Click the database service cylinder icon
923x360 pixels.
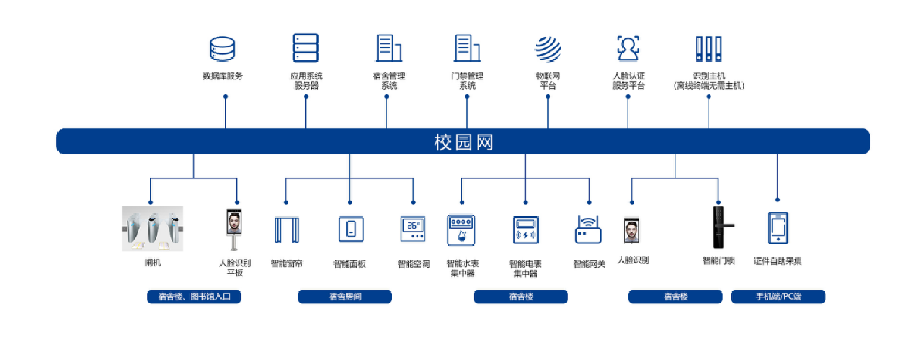click(223, 49)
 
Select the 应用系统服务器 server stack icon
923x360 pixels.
click(306, 48)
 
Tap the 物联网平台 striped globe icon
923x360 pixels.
click(548, 49)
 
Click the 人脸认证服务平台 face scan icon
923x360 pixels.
click(628, 48)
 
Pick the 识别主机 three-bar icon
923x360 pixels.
click(709, 49)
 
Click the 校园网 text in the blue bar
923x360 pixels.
click(464, 142)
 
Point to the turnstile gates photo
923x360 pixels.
click(152, 229)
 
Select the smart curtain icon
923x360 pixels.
click(287, 229)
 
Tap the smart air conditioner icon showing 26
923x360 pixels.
click(413, 229)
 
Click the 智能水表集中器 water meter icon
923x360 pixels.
click(462, 230)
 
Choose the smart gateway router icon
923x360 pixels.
click(588, 230)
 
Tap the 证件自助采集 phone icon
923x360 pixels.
click(778, 228)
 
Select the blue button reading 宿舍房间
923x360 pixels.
click(345, 297)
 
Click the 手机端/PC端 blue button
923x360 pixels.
click(778, 297)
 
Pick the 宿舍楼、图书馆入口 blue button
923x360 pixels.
click(194, 297)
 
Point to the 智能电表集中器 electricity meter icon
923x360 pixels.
click(526, 230)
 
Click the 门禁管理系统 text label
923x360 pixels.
click(467, 81)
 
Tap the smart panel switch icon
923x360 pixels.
click(350, 229)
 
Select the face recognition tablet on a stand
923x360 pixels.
click(234, 229)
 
